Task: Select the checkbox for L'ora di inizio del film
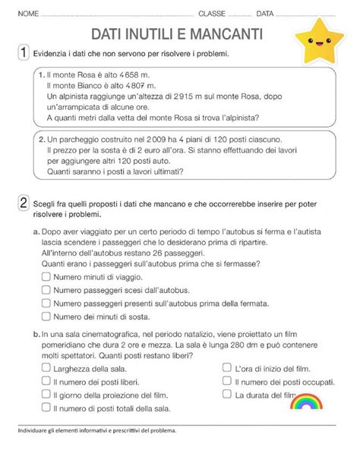click(227, 368)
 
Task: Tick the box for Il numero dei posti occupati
click(227, 382)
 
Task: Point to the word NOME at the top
click(27, 14)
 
